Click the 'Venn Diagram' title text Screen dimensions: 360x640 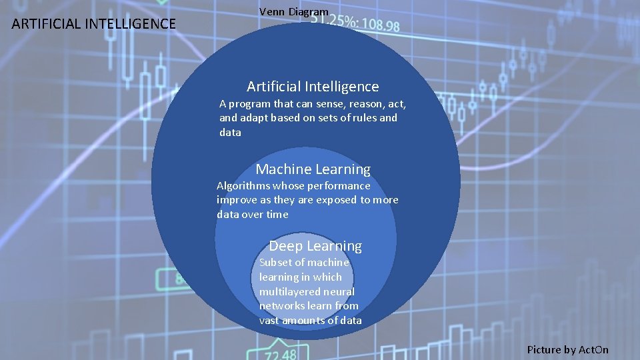point(293,11)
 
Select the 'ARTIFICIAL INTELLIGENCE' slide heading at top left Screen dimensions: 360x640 point(94,25)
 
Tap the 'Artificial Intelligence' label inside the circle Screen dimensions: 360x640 point(313,87)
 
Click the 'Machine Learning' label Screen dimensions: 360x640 point(313,169)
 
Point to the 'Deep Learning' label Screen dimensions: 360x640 point(315,246)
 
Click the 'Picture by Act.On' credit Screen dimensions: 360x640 point(567,349)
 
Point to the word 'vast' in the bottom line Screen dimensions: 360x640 point(269,321)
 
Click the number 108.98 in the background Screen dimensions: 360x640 point(377,26)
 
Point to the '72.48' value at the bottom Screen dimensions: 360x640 point(280,353)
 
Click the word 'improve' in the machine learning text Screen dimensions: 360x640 point(236,200)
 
